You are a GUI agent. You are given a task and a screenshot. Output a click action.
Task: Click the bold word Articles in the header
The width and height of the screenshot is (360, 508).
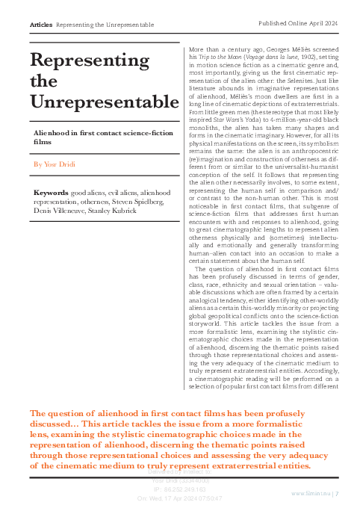click(40, 25)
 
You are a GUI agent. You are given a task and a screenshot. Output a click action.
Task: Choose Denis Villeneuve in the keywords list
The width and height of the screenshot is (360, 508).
click(61, 211)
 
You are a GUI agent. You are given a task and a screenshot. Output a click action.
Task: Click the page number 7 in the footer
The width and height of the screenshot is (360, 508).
click(338, 493)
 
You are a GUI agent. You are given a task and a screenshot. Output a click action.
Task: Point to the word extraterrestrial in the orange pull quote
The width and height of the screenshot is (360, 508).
click(238, 465)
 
